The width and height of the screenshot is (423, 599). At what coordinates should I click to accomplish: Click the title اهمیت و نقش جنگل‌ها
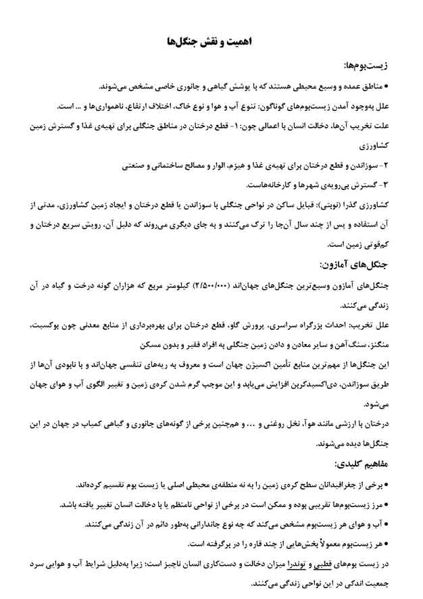tap(211, 41)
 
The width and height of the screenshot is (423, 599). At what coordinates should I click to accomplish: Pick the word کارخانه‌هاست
tap(272, 184)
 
